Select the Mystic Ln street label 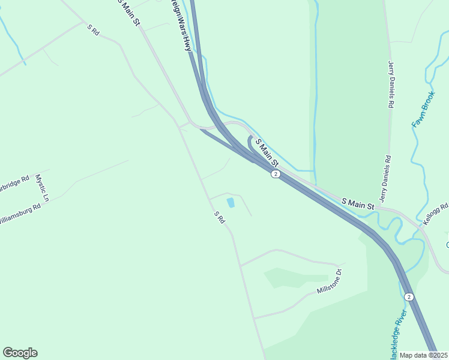point(41,187)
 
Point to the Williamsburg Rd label point(20,213)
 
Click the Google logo point(20,353)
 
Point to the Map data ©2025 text point(424,355)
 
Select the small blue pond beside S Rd point(231,203)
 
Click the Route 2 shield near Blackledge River point(408,297)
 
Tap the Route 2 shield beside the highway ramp point(275,174)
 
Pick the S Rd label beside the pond point(219,217)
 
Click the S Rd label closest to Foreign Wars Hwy point(92,29)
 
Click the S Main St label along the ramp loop point(267,152)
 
